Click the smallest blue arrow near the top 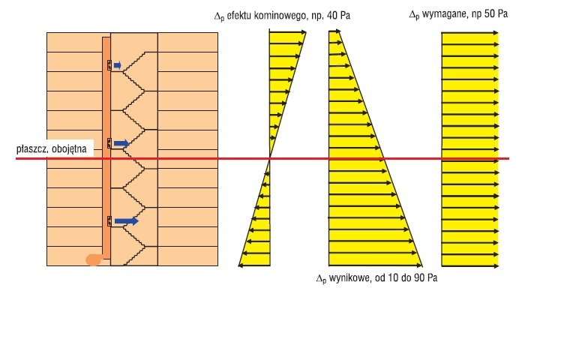[117, 65]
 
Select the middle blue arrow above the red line [121, 143]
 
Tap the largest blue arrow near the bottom [126, 220]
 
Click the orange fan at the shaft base [93, 259]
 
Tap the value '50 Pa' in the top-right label [498, 14]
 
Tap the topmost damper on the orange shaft [109, 65]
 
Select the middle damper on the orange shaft [109, 143]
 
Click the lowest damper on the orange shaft [109, 221]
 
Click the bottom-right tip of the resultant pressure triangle [422, 265]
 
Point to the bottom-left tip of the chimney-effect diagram [238, 265]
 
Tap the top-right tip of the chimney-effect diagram [306, 32]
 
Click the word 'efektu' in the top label [238, 16]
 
